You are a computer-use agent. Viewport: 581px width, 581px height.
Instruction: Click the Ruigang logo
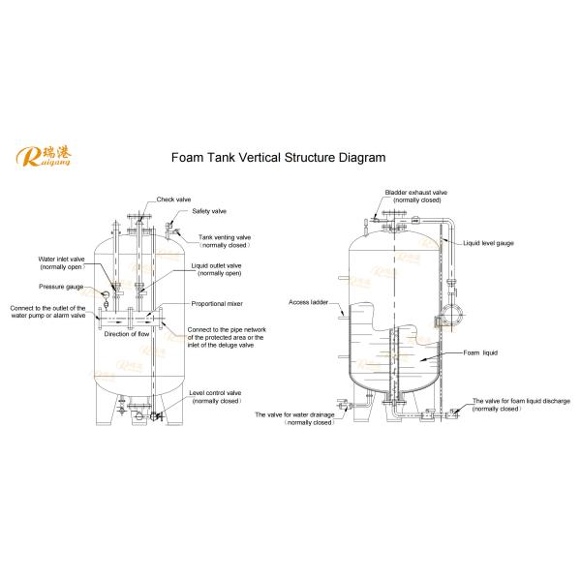43,156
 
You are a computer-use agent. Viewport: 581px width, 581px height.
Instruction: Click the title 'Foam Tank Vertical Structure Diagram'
278,158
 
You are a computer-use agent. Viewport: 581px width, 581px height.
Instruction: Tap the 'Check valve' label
173,199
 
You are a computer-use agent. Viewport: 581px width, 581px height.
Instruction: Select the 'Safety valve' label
209,211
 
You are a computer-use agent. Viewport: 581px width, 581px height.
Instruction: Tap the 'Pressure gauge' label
61,287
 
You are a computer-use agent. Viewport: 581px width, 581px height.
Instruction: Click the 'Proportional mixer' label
217,304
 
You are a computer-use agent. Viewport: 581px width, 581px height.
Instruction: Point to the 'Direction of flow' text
126,334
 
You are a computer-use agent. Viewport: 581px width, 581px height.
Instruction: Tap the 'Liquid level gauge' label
488,243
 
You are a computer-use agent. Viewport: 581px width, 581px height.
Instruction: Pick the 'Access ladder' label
308,302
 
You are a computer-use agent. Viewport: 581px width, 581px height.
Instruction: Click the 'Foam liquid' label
480,352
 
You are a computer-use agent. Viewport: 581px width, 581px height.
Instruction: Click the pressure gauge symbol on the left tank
106,295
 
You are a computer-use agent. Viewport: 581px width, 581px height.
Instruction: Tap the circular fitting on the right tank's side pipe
451,315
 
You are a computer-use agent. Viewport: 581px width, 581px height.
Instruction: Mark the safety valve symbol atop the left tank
169,226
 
